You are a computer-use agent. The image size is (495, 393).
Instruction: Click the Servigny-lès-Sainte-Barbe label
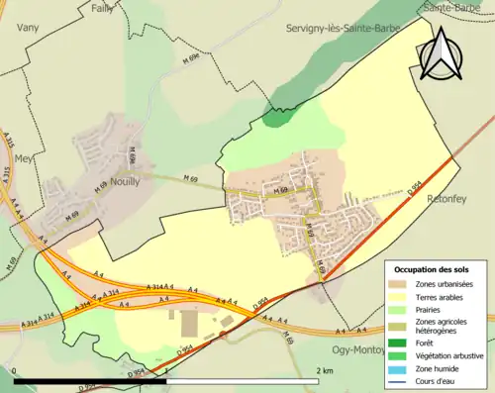[x=342, y=29]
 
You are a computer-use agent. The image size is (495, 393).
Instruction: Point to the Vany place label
[x=27, y=30]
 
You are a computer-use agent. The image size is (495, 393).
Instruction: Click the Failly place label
[x=102, y=8]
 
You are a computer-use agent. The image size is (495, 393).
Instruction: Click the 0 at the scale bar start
[x=16, y=370]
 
